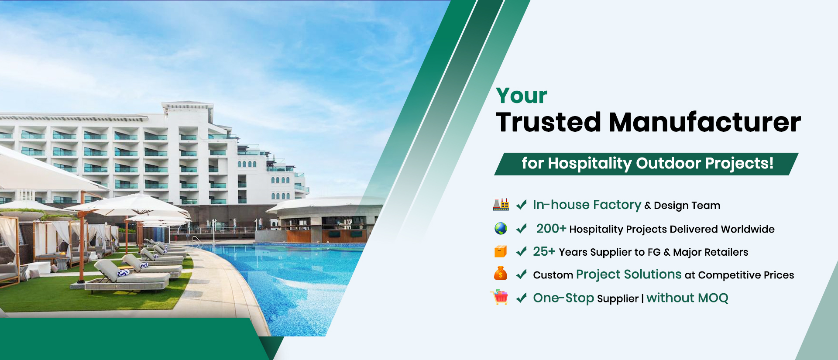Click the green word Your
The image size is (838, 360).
pyautogui.click(x=522, y=96)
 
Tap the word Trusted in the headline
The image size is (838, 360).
pyautogui.click(x=549, y=122)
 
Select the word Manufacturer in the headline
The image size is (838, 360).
pyautogui.click(x=705, y=122)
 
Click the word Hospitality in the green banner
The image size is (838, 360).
pyautogui.click(x=590, y=164)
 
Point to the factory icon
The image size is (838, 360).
pyautogui.click(x=501, y=205)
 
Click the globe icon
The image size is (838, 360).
pyautogui.click(x=501, y=228)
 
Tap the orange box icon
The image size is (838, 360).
pyautogui.click(x=501, y=251)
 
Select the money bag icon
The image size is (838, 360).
pyautogui.click(x=501, y=274)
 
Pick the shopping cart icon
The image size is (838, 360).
pyautogui.click(x=499, y=297)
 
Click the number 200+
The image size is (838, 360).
pyautogui.click(x=551, y=229)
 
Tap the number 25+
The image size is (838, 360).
pyautogui.click(x=544, y=251)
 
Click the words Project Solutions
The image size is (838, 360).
pyautogui.click(x=628, y=274)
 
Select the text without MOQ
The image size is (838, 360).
pyautogui.click(x=687, y=298)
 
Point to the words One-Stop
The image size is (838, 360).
pyautogui.click(x=563, y=298)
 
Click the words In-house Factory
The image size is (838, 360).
pyautogui.click(x=587, y=205)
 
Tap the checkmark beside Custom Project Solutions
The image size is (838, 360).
pyautogui.click(x=521, y=274)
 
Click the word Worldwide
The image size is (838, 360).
pyautogui.click(x=748, y=229)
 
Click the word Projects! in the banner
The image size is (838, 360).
pyautogui.click(x=739, y=164)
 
